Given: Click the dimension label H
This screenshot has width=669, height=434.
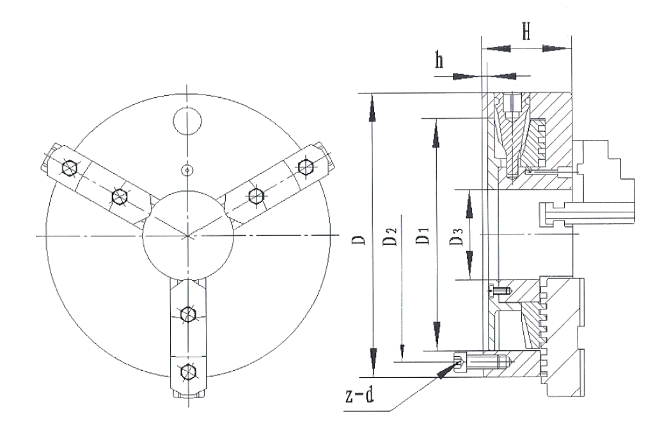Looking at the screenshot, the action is [x=526, y=31].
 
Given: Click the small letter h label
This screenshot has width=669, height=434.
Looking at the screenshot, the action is [x=439, y=61].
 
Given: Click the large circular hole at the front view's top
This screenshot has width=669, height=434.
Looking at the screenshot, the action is [x=187, y=121].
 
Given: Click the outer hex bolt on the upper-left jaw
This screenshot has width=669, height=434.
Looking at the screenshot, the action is [x=69, y=167].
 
